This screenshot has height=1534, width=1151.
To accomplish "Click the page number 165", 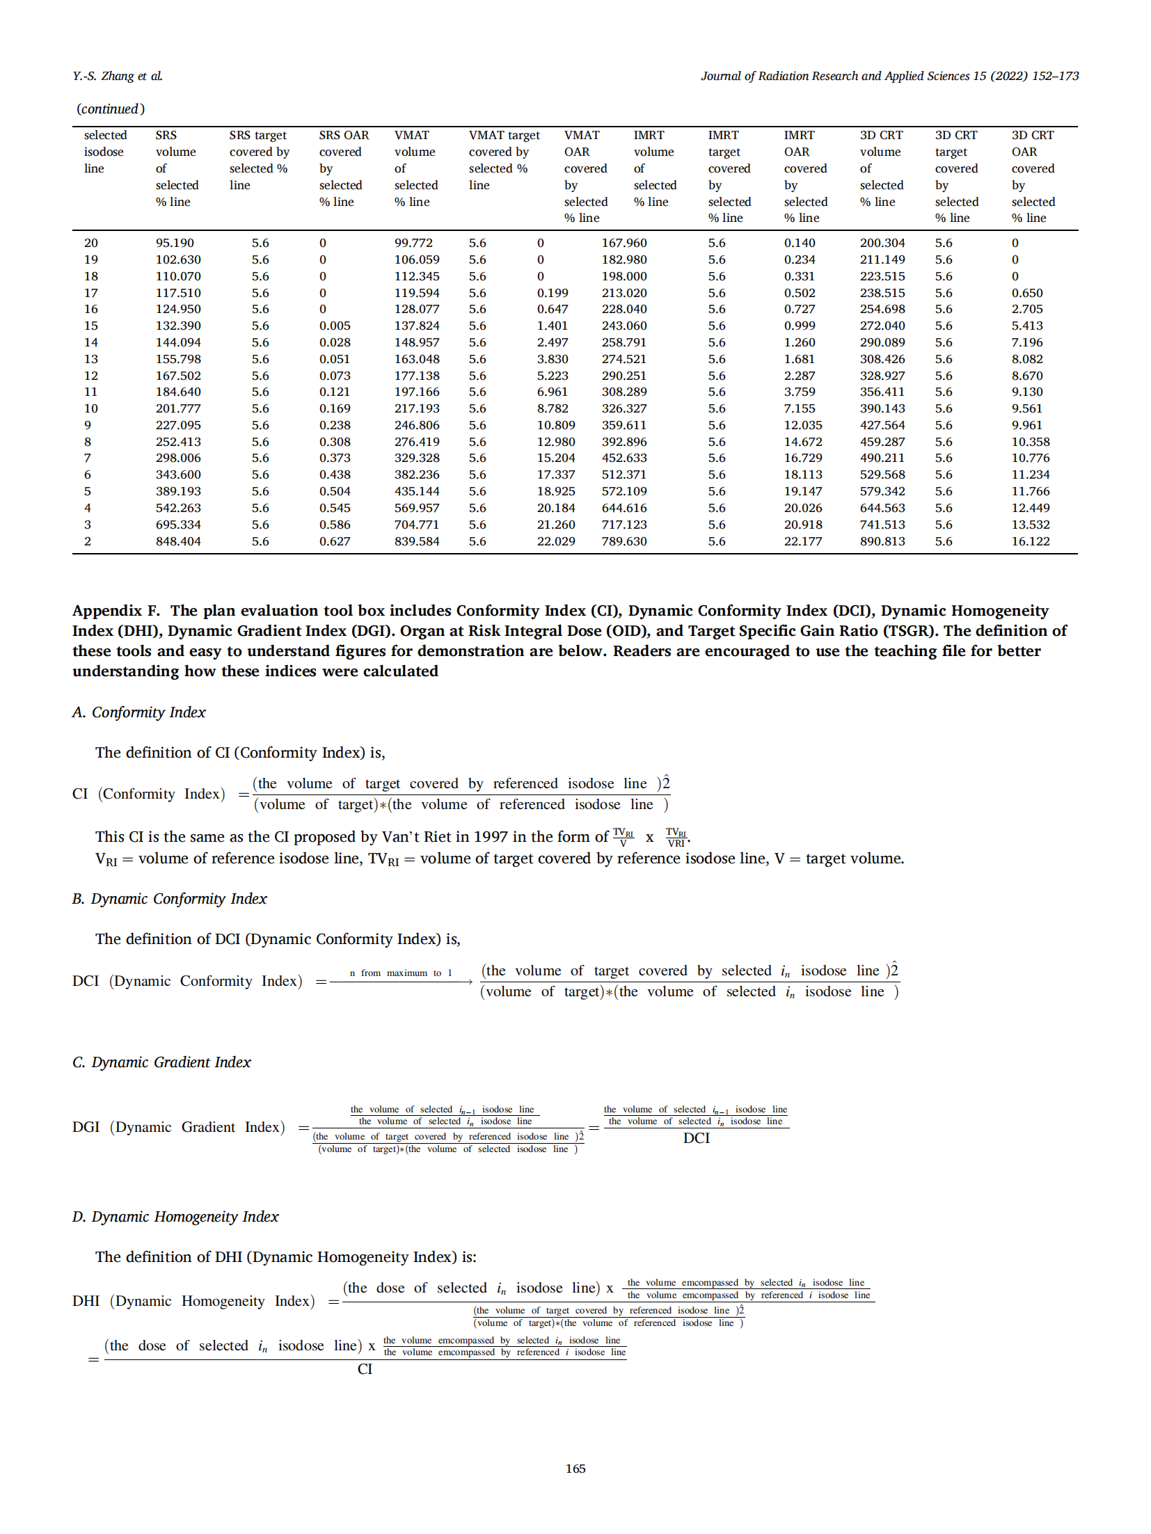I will point(575,1468).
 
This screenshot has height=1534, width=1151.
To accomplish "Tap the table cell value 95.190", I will point(175,243).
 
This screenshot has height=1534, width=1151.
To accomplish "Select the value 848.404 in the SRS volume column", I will point(178,541).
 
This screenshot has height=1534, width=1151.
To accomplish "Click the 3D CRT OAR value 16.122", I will point(1030,541).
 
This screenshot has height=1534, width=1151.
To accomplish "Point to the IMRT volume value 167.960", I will point(624,243).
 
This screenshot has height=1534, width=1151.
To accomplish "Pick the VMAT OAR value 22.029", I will point(555,541).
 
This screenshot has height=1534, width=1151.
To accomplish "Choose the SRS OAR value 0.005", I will point(335,326).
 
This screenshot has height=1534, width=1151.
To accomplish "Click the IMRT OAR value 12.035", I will point(802,425).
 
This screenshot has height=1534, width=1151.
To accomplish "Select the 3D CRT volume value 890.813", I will point(882,541).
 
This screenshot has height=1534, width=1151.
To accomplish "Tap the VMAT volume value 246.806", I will point(416,425).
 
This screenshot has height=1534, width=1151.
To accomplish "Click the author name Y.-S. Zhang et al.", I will point(117,76).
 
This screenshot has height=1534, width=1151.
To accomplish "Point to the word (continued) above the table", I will point(111,109).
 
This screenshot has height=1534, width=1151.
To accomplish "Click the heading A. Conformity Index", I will point(139,712).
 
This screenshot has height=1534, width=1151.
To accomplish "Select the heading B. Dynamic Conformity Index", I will point(170,899).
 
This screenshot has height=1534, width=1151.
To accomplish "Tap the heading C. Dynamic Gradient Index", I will point(161,1062).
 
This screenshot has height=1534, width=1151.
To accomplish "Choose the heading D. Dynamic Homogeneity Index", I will point(175,1217).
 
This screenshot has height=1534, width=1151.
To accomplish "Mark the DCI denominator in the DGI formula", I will point(696,1138).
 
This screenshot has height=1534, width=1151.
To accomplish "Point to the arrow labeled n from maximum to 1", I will point(401,982).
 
